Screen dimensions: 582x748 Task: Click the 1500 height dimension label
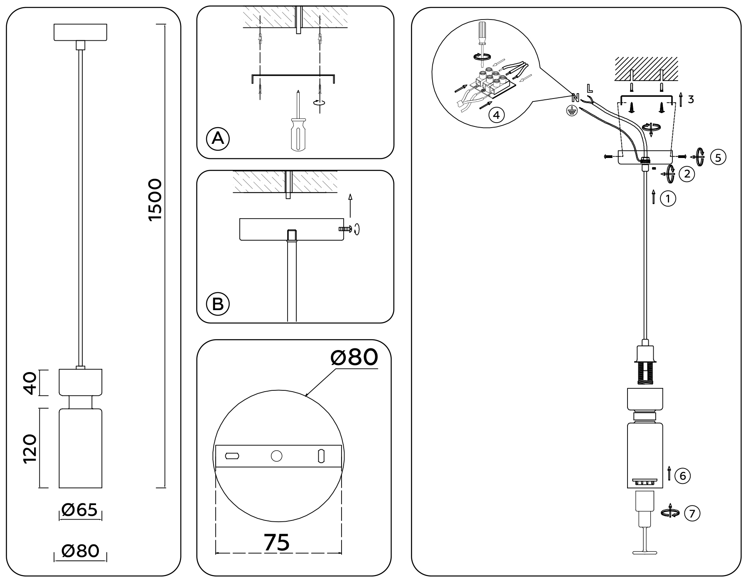(x=155, y=200)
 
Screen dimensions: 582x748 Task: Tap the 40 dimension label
(x=30, y=383)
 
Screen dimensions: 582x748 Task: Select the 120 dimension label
(x=30, y=449)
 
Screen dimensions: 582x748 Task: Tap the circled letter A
(x=218, y=138)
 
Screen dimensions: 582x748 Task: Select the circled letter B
(x=218, y=304)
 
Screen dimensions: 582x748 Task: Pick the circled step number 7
(x=692, y=514)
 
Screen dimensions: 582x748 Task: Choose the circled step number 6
(x=683, y=476)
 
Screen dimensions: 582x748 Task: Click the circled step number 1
(x=668, y=199)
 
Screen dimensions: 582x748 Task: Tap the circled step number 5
(x=718, y=157)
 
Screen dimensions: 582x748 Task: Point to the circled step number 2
(x=687, y=174)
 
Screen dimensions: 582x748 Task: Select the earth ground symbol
(x=573, y=111)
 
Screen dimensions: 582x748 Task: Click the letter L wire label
(x=590, y=88)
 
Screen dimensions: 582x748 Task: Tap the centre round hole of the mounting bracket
(x=276, y=456)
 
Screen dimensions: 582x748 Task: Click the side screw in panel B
(x=345, y=229)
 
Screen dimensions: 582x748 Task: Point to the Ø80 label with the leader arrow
(x=354, y=357)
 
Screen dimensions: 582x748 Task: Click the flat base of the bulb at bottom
(x=645, y=552)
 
